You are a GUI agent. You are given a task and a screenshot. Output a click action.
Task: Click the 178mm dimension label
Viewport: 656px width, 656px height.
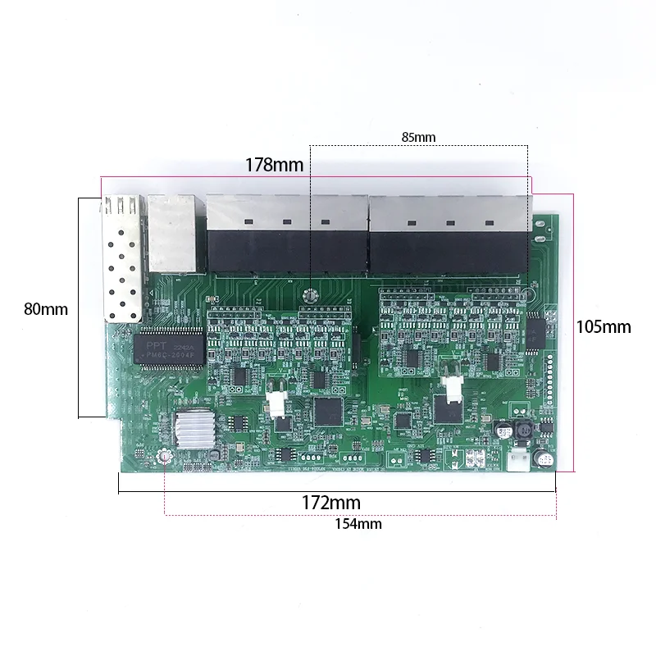pyautogui.click(x=274, y=165)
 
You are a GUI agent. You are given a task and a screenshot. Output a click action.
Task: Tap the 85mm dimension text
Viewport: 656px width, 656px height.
pyautogui.click(x=418, y=137)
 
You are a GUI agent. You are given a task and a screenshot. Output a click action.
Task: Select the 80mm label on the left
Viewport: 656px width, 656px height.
pyautogui.click(x=46, y=309)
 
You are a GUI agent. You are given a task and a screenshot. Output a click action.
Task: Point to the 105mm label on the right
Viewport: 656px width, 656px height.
pyautogui.click(x=604, y=326)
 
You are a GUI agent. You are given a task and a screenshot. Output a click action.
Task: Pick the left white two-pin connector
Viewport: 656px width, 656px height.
pyautogui.click(x=275, y=401)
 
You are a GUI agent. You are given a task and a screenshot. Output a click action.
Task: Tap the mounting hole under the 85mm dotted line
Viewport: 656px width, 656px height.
pyautogui.click(x=311, y=296)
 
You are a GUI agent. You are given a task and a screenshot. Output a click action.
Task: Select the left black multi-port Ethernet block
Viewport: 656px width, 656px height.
pyautogui.click(x=285, y=235)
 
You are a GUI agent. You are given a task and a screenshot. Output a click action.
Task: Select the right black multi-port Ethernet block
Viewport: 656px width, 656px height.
pyautogui.click(x=447, y=235)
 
